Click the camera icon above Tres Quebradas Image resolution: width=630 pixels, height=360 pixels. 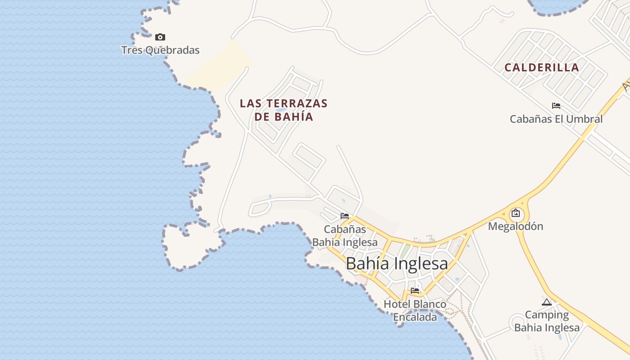[160, 37]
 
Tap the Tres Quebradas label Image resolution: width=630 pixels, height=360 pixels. [160, 50]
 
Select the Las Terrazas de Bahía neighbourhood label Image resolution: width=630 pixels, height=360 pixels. [283, 110]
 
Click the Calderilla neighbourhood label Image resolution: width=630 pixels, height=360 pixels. [542, 67]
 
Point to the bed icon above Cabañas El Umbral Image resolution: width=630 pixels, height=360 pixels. [556, 106]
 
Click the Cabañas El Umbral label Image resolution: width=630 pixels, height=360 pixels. [556, 119]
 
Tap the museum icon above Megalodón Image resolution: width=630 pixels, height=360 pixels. [516, 213]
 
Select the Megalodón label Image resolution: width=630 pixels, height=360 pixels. [516, 226]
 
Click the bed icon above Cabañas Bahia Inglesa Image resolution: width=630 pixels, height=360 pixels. [345, 216]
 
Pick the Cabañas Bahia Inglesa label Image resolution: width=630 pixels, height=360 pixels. [345, 236]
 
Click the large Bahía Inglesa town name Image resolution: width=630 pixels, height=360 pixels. [397, 264]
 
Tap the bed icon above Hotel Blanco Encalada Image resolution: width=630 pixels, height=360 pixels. [415, 290]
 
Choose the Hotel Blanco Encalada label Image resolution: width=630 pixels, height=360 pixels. [415, 310]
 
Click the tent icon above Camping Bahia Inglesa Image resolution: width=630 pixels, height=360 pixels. [547, 302]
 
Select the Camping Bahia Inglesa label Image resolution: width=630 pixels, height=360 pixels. [547, 321]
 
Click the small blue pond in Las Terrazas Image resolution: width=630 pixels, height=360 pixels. [280, 109]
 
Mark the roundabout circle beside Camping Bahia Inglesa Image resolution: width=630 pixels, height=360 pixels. [517, 324]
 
